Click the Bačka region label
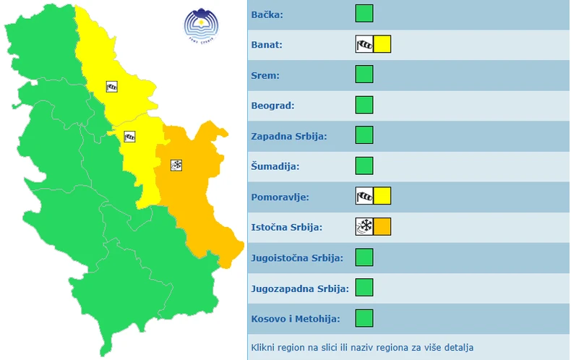[x=267, y=14]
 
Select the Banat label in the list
[x=267, y=45]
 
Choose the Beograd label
[x=272, y=106]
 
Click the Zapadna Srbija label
[x=289, y=136]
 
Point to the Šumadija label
[x=275, y=166]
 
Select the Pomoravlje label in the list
[x=279, y=197]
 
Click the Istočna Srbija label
[x=287, y=227]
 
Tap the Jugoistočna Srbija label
[x=297, y=257]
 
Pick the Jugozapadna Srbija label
[x=300, y=288]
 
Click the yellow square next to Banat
[x=382, y=44]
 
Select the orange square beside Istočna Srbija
[x=382, y=226]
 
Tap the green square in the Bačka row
[x=364, y=14]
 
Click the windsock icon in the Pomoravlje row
[x=364, y=196]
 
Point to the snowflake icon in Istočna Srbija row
[x=364, y=226]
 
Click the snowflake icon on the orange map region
[x=176, y=165]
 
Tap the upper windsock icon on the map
[x=111, y=87]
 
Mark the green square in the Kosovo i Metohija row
[x=364, y=317]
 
